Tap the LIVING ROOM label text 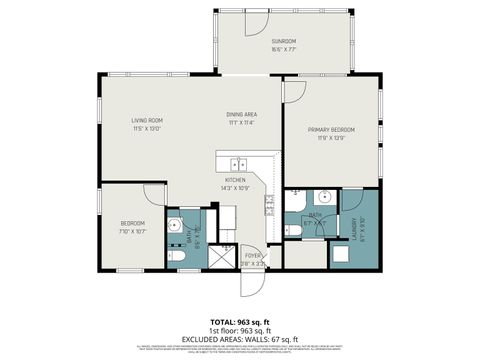[x=147, y=121]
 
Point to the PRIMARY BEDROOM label [x=331, y=130]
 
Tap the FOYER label [x=254, y=255]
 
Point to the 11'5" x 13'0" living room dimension [x=147, y=129]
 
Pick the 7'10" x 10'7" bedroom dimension [x=133, y=231]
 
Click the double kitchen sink [x=238, y=165]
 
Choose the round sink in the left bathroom [x=173, y=222]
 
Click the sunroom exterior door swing [x=256, y=22]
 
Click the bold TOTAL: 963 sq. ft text [x=240, y=321]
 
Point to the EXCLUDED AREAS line [x=240, y=338]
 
